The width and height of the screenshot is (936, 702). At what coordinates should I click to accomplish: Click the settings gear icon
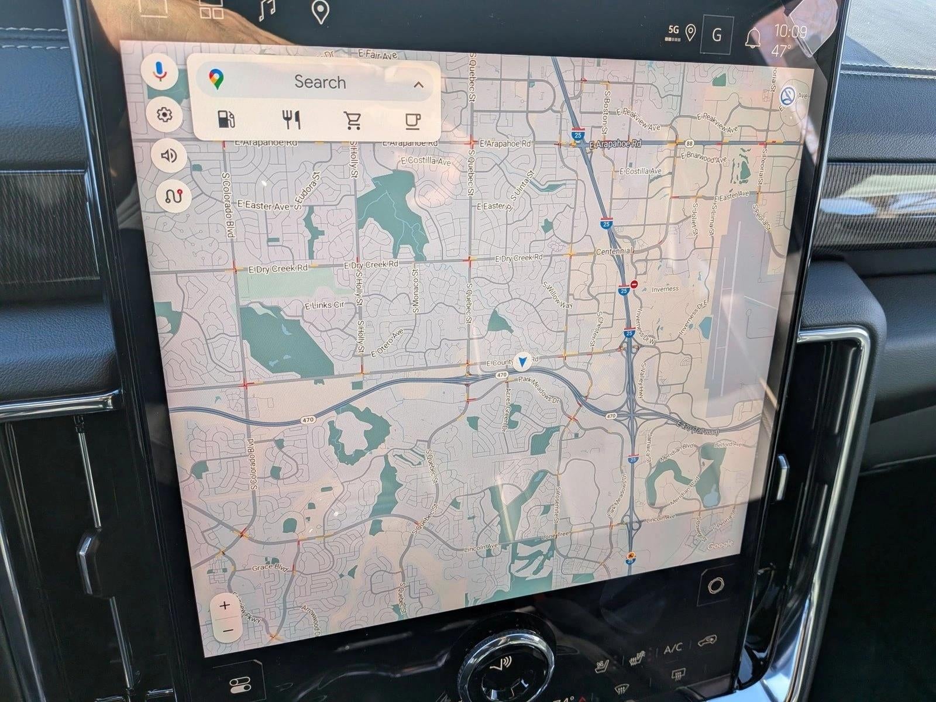pos(164,115)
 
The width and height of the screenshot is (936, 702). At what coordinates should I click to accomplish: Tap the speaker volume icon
pos(169,156)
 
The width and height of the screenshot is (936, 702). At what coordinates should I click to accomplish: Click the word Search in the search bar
pos(319,82)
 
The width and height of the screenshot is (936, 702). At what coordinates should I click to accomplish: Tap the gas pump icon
pos(226,119)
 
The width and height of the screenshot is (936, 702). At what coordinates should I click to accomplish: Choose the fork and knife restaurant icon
pos(291,120)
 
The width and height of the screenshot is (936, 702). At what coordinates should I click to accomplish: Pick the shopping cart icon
pos(353,121)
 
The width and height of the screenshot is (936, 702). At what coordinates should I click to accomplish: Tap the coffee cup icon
pos(413,121)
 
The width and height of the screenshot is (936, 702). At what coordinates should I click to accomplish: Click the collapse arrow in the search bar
pos(418,85)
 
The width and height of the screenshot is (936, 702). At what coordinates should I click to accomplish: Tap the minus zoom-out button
pos(228,630)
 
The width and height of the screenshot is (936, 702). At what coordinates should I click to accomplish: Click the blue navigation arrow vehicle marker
pos(522,362)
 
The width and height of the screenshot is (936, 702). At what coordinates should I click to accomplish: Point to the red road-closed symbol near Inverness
pos(634,285)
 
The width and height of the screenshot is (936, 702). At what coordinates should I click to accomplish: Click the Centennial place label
pos(614,251)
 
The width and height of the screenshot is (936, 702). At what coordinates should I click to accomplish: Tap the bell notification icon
pos(753,37)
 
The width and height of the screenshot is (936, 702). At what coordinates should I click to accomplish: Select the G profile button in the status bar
pos(717,35)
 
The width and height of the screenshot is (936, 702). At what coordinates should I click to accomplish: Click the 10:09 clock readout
pos(790,31)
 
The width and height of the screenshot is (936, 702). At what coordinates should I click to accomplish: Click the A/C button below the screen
pos(673,649)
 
